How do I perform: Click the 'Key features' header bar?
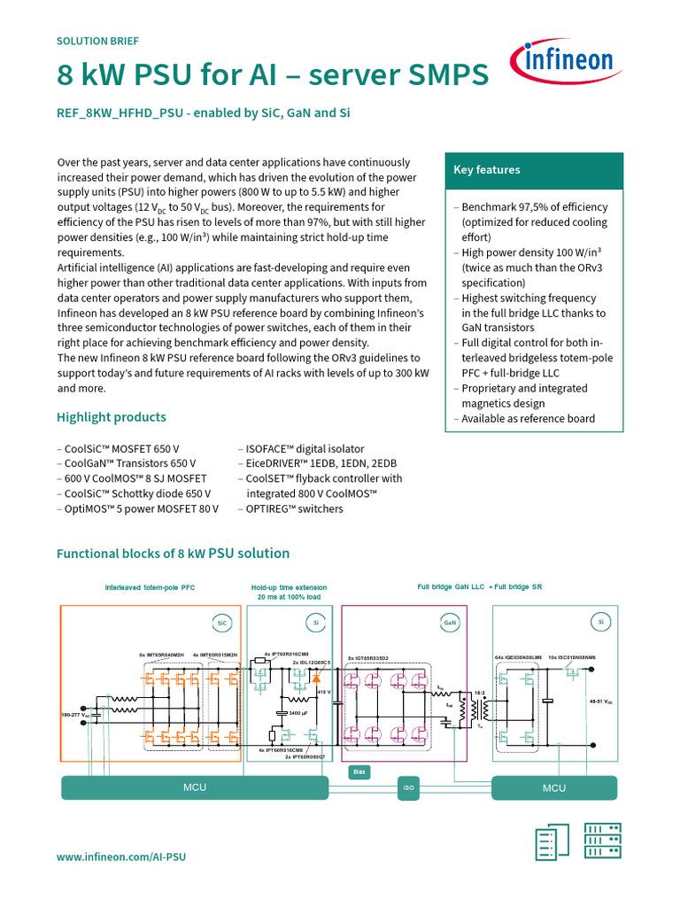coord(534,170)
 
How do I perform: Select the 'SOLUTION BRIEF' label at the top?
coord(97,41)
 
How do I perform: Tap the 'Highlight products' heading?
coord(112,417)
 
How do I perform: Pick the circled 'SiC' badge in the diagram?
coord(221,623)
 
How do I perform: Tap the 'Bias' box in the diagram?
coord(359,771)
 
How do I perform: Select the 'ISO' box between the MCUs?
coord(408,787)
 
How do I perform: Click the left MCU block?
coord(194,787)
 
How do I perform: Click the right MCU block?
coord(554,787)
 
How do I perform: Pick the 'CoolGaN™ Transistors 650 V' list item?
coord(127,463)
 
